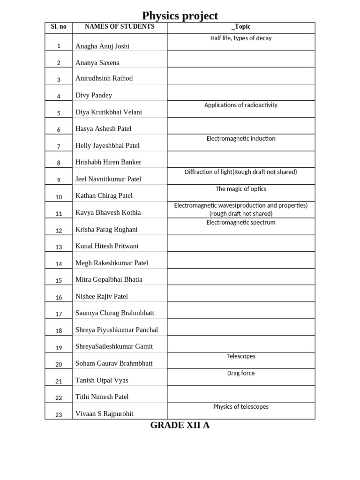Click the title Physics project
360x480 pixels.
(180, 15)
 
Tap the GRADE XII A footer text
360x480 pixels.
(180, 426)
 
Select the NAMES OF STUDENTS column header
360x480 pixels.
(120, 27)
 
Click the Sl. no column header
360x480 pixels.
(59, 27)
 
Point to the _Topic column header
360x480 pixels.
(241, 27)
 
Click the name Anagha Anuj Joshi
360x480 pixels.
(102, 46)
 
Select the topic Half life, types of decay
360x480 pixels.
(241, 38)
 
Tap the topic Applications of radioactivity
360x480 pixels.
(241, 105)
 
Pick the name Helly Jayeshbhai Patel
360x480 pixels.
(107, 146)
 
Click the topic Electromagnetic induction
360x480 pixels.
(241, 139)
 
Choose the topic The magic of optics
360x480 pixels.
(241, 189)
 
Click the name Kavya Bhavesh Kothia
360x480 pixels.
(108, 213)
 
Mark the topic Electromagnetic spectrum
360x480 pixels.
(241, 223)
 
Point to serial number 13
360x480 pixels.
(59, 247)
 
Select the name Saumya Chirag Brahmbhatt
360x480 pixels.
(114, 313)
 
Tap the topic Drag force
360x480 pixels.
(241, 374)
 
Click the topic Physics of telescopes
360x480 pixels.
(241, 407)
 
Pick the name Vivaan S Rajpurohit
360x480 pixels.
(104, 414)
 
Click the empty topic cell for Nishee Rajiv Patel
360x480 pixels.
(241, 293)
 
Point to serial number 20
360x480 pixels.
(59, 364)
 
